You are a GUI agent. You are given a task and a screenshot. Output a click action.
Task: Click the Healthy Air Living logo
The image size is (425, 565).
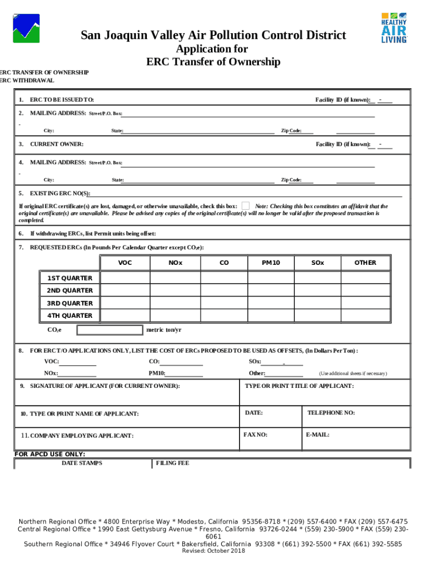394,27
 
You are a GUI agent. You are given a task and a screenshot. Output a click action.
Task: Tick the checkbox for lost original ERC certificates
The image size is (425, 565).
246,206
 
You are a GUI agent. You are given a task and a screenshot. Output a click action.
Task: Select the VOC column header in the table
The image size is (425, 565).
125,263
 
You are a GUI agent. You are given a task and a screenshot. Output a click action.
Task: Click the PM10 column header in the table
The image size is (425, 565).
270,263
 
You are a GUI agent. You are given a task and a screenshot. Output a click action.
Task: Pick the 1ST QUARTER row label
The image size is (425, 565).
70,278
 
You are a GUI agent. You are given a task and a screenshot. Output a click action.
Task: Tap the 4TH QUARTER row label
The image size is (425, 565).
70,316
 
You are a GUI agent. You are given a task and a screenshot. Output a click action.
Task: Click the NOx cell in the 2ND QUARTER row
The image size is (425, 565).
175,291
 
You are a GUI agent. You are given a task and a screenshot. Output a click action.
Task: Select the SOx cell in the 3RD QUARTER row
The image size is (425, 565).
317,303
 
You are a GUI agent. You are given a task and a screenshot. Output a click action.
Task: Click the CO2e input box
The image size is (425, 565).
109,330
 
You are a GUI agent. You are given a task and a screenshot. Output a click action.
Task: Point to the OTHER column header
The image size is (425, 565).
365,263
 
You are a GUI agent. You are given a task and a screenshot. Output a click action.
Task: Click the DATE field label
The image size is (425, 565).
254,413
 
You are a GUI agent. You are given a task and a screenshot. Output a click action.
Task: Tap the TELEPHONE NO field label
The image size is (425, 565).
331,413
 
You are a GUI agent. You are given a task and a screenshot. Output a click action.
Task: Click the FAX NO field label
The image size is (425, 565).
256,435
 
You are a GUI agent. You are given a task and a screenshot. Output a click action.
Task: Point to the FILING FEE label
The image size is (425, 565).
173,463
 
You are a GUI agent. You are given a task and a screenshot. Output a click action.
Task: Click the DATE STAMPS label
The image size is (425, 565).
82,463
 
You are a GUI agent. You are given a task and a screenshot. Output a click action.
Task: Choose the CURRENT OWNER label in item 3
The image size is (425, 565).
57,144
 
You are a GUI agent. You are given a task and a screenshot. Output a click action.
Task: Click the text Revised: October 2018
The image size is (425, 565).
213,551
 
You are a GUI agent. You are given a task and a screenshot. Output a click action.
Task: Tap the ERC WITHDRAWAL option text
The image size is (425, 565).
28,81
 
